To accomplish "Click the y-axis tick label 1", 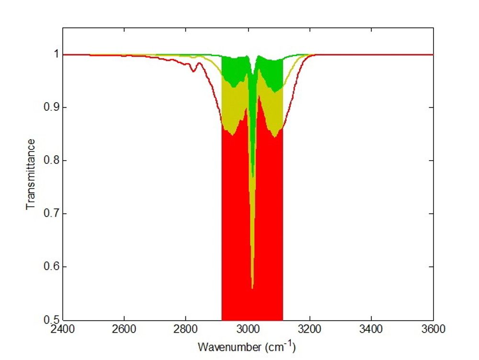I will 55,54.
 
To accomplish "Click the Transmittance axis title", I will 31,174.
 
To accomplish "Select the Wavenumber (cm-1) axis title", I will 248,346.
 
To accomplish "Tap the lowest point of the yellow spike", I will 252,288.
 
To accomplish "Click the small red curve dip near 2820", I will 193,71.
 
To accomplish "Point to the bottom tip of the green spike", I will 252,176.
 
